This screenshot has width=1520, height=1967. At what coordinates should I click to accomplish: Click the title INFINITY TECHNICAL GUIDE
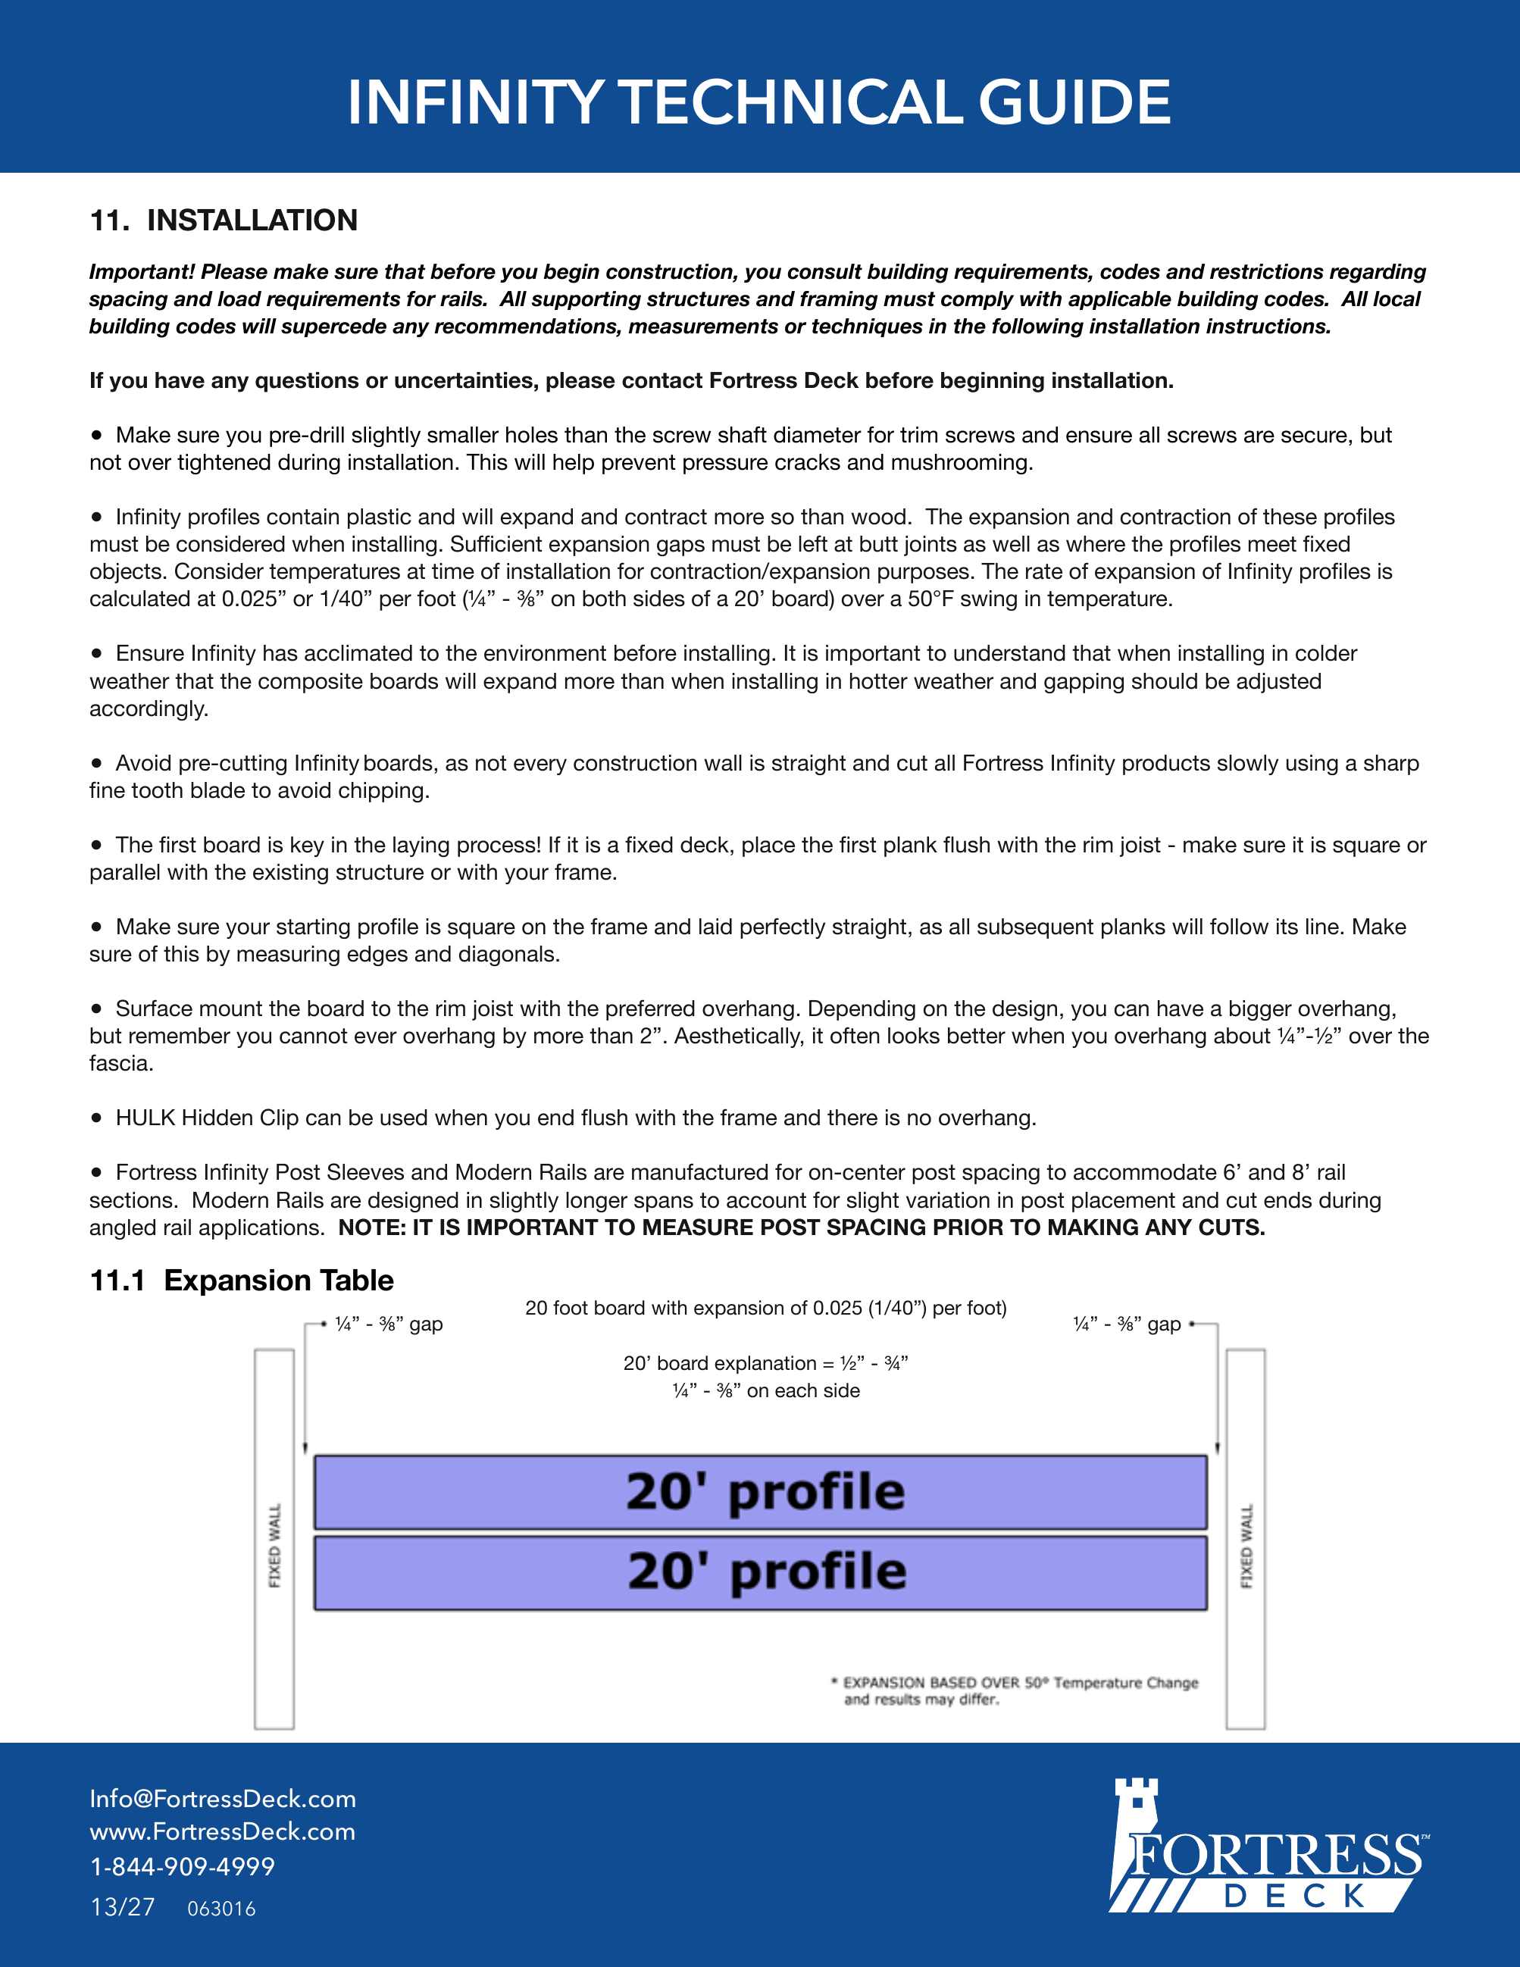(x=759, y=102)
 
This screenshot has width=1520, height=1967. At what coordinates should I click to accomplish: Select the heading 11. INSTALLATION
(x=224, y=220)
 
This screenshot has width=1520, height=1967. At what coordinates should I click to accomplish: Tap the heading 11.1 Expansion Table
(x=241, y=1280)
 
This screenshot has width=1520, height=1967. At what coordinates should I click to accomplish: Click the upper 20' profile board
(x=760, y=1491)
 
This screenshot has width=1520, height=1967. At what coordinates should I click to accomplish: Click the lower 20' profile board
(x=760, y=1572)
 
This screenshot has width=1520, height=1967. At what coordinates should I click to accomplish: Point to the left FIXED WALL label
(x=274, y=1545)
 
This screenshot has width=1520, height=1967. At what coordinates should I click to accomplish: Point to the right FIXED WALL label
(x=1246, y=1546)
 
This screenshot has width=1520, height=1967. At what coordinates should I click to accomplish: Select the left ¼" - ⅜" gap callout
(x=388, y=1324)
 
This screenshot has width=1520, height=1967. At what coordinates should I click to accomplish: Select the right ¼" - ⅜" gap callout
(x=1127, y=1324)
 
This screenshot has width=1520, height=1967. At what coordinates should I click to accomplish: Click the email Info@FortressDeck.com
(x=223, y=1799)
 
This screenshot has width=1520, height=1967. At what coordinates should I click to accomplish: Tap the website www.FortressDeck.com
(x=223, y=1831)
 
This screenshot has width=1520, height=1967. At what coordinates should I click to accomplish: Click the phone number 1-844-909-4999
(x=182, y=1866)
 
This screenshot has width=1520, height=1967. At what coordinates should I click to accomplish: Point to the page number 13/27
(x=123, y=1906)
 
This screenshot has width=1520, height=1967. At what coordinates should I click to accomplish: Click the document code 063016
(x=221, y=1909)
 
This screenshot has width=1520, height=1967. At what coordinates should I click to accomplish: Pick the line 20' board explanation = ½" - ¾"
(x=765, y=1362)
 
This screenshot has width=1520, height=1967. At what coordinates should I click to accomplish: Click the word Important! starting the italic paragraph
(x=142, y=272)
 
